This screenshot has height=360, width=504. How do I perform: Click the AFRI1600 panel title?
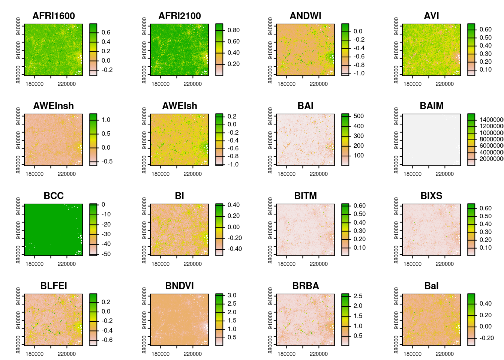[x=54, y=16]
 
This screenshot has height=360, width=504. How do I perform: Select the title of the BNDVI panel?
[x=180, y=286]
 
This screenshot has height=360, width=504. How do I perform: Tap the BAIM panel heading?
[x=432, y=106]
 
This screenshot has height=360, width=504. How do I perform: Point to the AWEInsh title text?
[x=54, y=106]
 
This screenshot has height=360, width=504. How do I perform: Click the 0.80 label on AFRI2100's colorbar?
[x=234, y=30]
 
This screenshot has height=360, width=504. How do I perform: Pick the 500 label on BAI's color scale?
[x=358, y=116]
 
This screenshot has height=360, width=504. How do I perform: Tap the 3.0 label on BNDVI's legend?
[x=232, y=295]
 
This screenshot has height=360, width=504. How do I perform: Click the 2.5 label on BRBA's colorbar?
[x=358, y=296]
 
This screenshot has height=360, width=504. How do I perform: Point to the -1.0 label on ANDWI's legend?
[x=359, y=73]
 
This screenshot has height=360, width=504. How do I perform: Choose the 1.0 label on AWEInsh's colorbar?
[x=106, y=120]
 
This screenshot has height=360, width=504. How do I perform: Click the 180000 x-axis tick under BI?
[x=160, y=264]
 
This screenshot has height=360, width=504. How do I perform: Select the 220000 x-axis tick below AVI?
[x=445, y=84]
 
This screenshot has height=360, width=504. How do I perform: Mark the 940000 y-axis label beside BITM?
[x=270, y=205]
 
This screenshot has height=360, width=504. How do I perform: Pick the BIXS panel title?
[x=432, y=196]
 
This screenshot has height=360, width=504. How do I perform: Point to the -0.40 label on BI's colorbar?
[x=235, y=249]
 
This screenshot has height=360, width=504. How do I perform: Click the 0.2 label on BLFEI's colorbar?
[x=106, y=302]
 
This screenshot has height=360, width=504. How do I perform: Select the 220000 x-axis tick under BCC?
[x=67, y=264]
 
